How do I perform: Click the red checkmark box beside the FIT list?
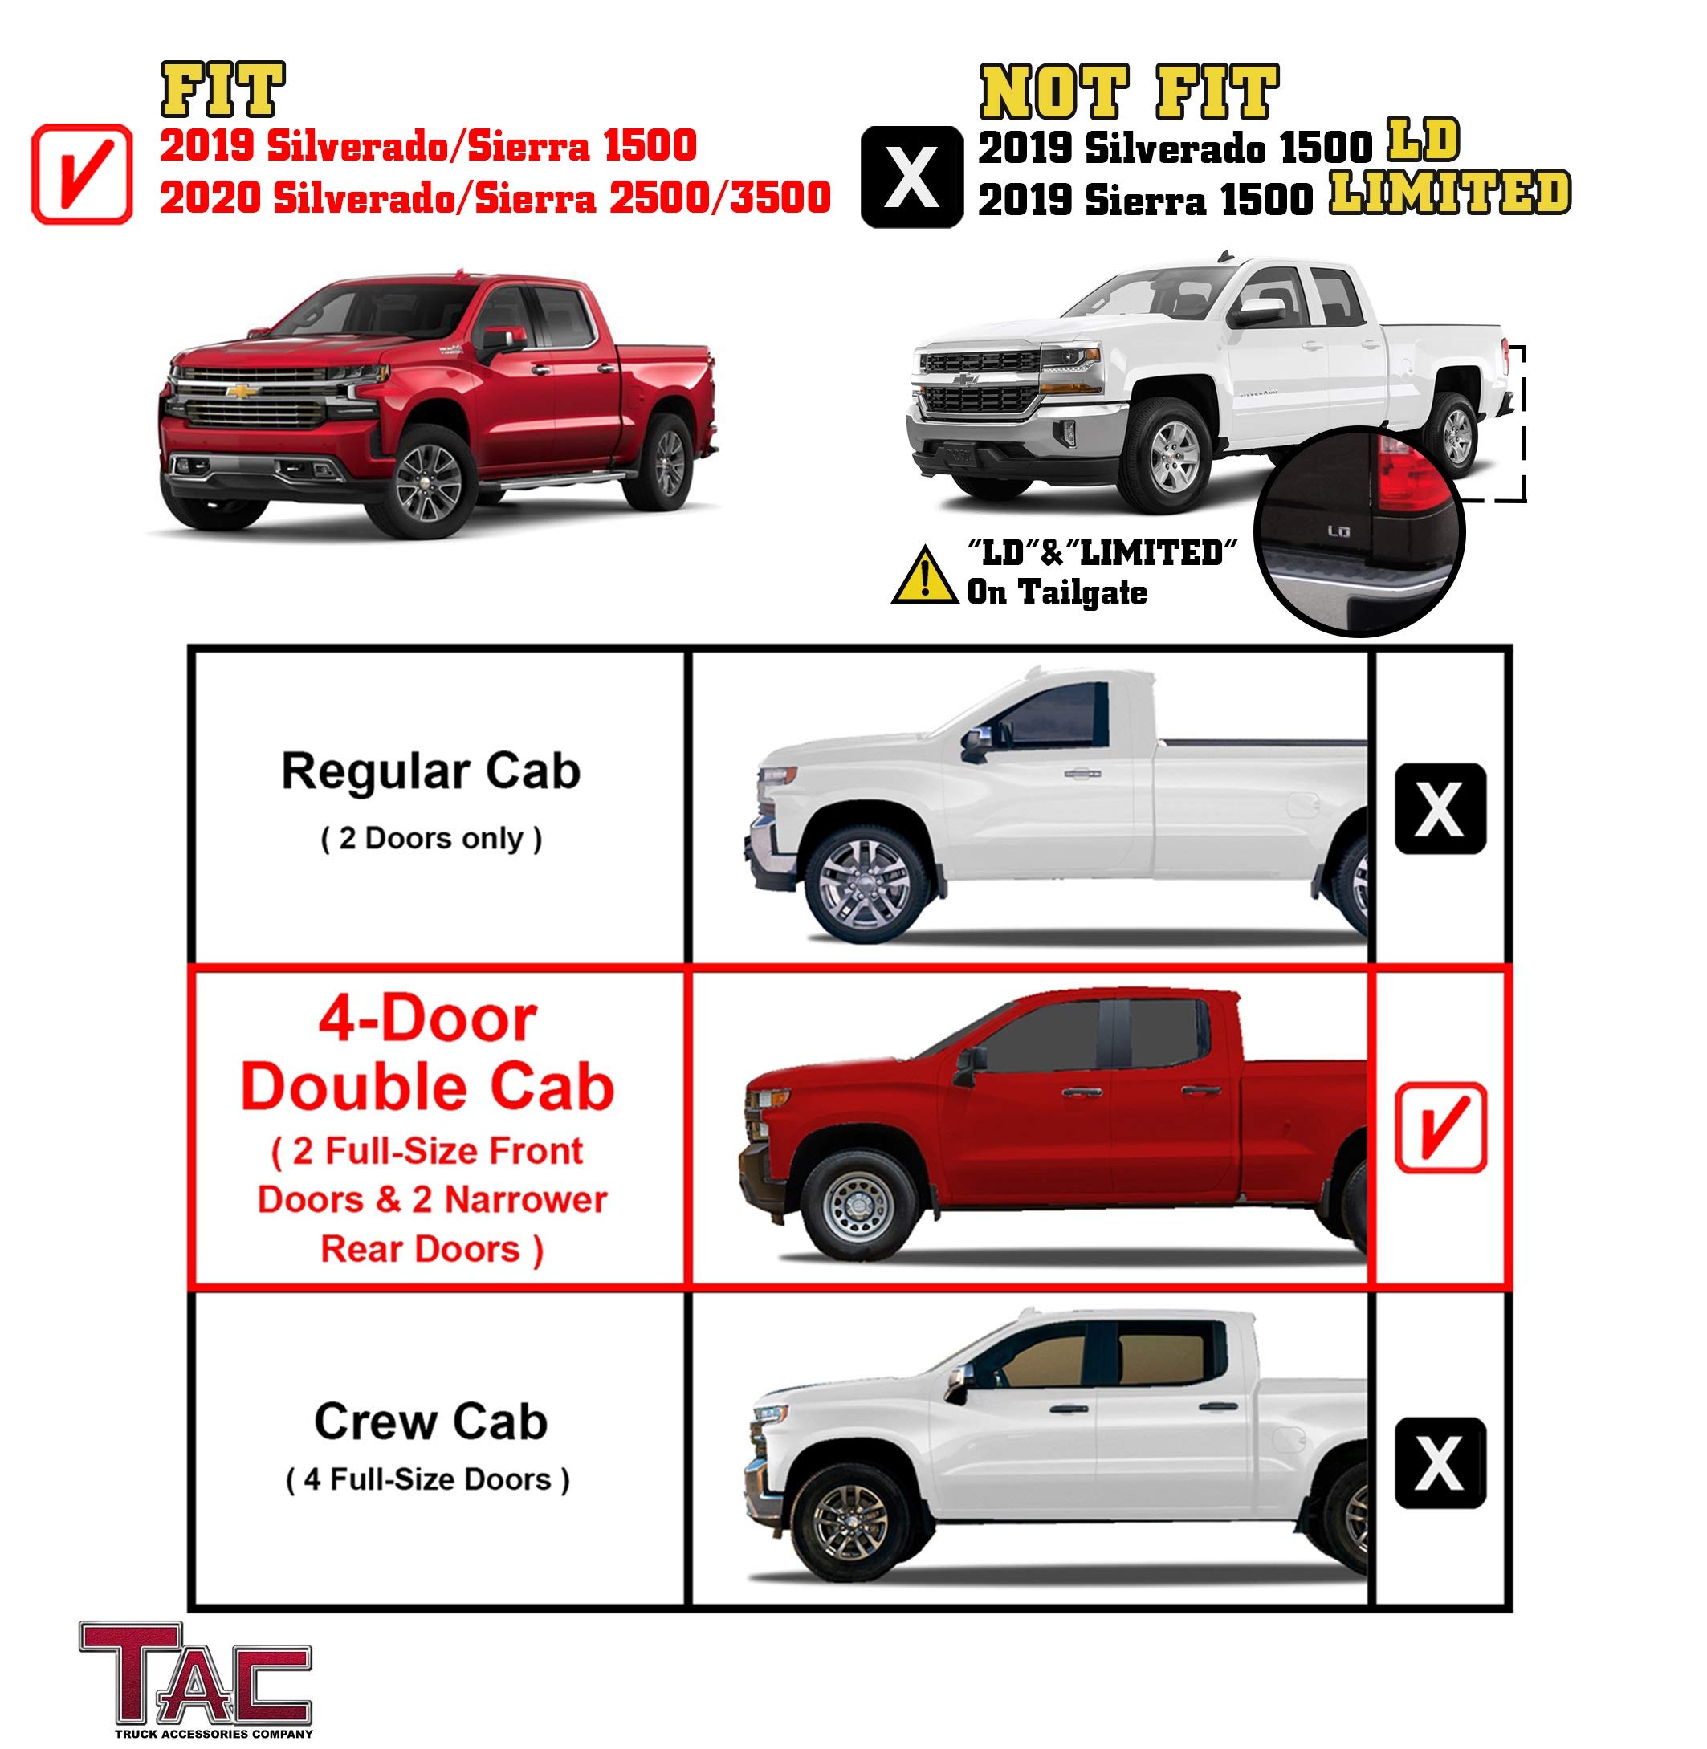click(82, 174)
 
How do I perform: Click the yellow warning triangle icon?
click(924, 576)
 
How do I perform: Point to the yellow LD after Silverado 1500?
click(1423, 140)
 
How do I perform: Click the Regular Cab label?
click(431, 772)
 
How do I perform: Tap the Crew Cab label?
click(430, 1422)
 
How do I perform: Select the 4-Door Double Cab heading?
click(428, 1054)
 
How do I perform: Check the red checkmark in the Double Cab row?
click(1440, 1128)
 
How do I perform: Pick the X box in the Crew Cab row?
click(1440, 1462)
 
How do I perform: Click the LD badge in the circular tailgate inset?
click(1338, 531)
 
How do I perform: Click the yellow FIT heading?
click(222, 90)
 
